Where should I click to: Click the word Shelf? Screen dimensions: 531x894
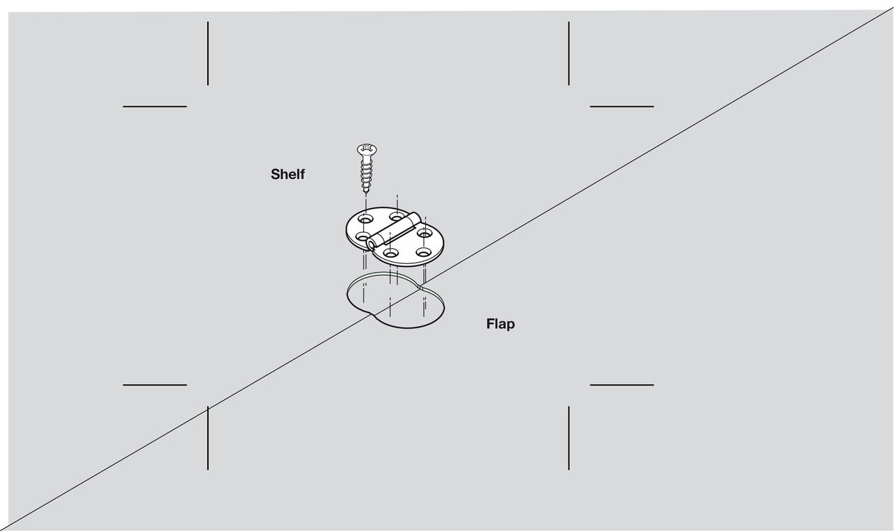click(288, 175)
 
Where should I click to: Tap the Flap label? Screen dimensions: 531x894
click(500, 324)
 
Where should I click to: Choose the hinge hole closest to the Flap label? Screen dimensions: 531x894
click(423, 252)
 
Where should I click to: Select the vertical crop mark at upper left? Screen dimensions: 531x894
click(208, 53)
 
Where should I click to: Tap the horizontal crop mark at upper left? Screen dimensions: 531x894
click(155, 106)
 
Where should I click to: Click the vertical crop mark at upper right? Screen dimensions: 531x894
click(568, 53)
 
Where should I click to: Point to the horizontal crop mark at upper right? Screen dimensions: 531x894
click(621, 106)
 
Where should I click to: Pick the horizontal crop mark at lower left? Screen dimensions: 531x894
click(155, 385)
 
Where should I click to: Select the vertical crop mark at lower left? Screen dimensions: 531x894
click(208, 438)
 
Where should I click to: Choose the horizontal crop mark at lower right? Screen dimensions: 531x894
click(621, 385)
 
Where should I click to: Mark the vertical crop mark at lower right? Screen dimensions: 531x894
click(568, 438)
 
